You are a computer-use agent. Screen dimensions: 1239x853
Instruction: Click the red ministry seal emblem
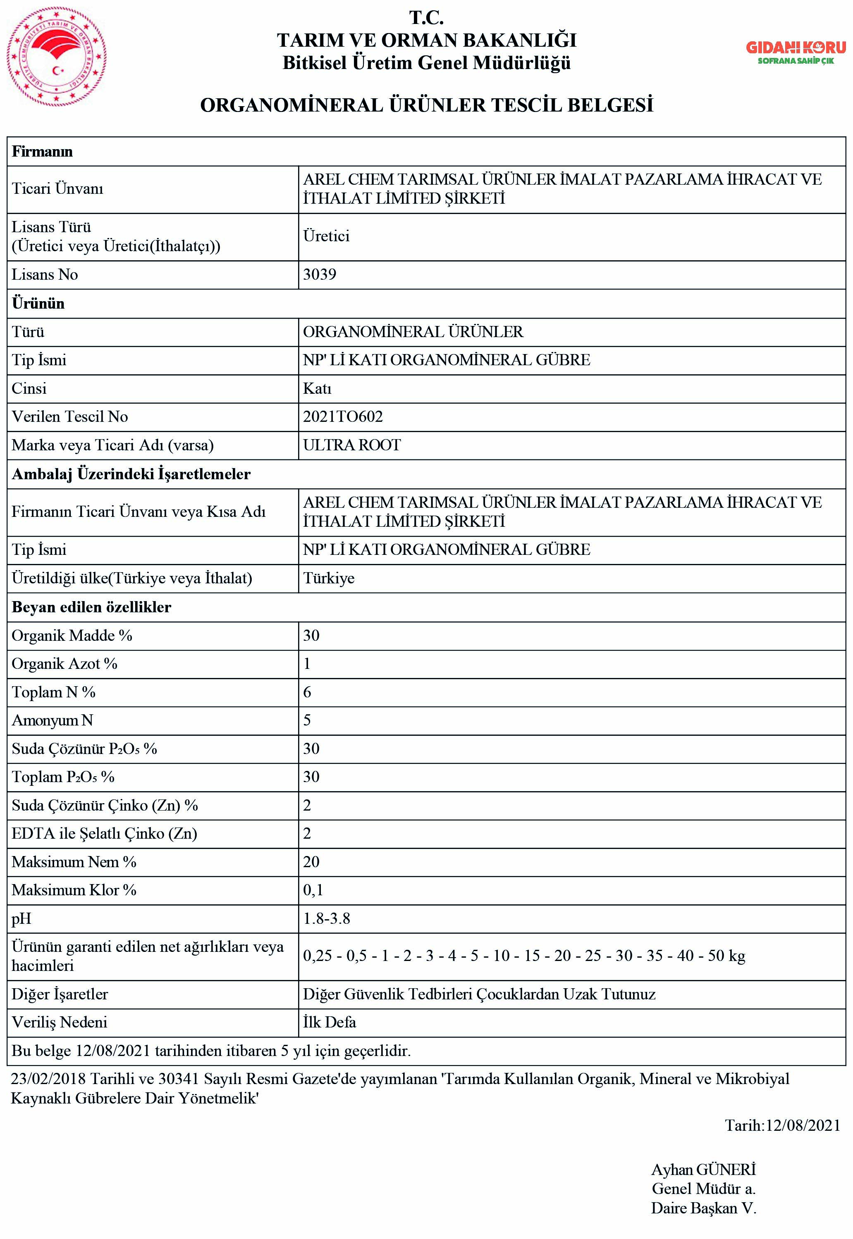pyautogui.click(x=56, y=57)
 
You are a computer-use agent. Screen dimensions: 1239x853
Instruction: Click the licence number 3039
pyautogui.click(x=319, y=274)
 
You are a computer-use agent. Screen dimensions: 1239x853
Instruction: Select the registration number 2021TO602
pyautogui.click(x=343, y=416)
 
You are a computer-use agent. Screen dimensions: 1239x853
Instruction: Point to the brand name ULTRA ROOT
pyautogui.click(x=352, y=445)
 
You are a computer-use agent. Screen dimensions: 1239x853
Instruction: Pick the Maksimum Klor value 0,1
pyautogui.click(x=313, y=890)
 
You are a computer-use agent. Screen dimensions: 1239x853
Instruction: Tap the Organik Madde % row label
pyautogui.click(x=72, y=635)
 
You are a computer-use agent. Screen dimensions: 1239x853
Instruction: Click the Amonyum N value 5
pyautogui.click(x=307, y=720)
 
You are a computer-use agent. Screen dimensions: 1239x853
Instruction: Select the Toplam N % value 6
pyautogui.click(x=307, y=692)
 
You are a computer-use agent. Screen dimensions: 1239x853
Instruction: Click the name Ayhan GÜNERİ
pyautogui.click(x=703, y=1170)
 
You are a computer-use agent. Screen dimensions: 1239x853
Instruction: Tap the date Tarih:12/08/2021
pyautogui.click(x=782, y=1125)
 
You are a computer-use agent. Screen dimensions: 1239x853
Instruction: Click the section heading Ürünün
pyautogui.click(x=38, y=303)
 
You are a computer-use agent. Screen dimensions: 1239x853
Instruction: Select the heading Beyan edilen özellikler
pyautogui.click(x=91, y=607)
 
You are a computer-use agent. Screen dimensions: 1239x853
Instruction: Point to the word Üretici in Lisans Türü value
pyautogui.click(x=326, y=236)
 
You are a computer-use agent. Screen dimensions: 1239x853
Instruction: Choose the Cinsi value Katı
pyautogui.click(x=317, y=388)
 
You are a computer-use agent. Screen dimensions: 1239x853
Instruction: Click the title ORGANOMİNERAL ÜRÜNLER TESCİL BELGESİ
pyautogui.click(x=427, y=105)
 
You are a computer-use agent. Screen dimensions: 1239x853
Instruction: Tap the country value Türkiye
pyautogui.click(x=329, y=578)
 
